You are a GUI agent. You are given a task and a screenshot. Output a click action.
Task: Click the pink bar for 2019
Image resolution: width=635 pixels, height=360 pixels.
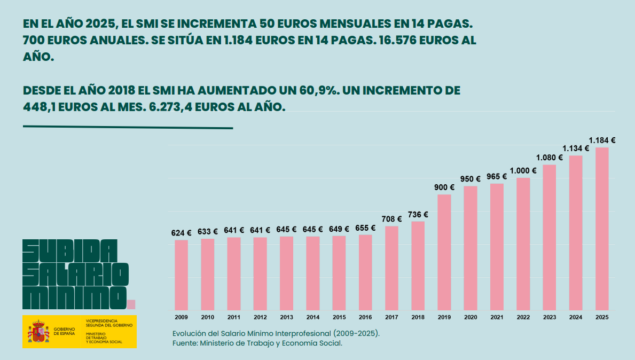coord(444,252)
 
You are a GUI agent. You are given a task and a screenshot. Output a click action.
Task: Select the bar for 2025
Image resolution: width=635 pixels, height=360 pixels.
coord(602,229)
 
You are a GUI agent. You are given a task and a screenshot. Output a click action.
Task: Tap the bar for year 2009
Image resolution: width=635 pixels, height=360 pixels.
coord(181,275)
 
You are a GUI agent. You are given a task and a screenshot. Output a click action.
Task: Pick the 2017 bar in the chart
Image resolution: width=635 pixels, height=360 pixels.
coord(391,268)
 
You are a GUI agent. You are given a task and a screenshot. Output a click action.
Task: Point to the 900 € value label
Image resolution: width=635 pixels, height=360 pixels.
coord(444,187)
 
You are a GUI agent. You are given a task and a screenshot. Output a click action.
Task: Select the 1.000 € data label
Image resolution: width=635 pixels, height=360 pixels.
coord(523,171)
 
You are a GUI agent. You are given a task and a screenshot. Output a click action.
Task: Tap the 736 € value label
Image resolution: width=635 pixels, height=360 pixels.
coord(418,215)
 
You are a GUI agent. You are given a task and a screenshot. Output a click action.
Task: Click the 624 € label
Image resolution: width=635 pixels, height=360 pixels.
coord(181,233)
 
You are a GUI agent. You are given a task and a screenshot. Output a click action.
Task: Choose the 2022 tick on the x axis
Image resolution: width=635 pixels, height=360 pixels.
coord(523,317)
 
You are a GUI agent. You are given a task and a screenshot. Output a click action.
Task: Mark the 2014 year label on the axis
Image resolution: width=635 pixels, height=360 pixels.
coord(312,317)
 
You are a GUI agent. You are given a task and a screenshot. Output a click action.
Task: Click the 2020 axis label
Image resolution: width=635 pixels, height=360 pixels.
coord(471,317)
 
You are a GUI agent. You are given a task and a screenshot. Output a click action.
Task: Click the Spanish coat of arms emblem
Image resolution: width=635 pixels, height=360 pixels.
coord(38,332)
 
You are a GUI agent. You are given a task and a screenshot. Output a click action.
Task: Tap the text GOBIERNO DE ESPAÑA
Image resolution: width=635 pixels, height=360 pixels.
coord(64,332)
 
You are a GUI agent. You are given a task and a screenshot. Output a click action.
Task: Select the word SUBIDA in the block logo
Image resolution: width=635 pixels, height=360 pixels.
coord(69,250)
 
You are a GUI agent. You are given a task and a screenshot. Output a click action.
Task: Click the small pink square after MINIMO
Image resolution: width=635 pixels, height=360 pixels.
coord(131,304)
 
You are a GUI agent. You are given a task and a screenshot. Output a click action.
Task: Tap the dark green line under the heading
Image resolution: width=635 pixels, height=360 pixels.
coord(128,128)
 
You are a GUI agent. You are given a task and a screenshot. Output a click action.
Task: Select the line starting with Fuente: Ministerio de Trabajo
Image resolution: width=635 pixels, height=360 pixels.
coord(257,343)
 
